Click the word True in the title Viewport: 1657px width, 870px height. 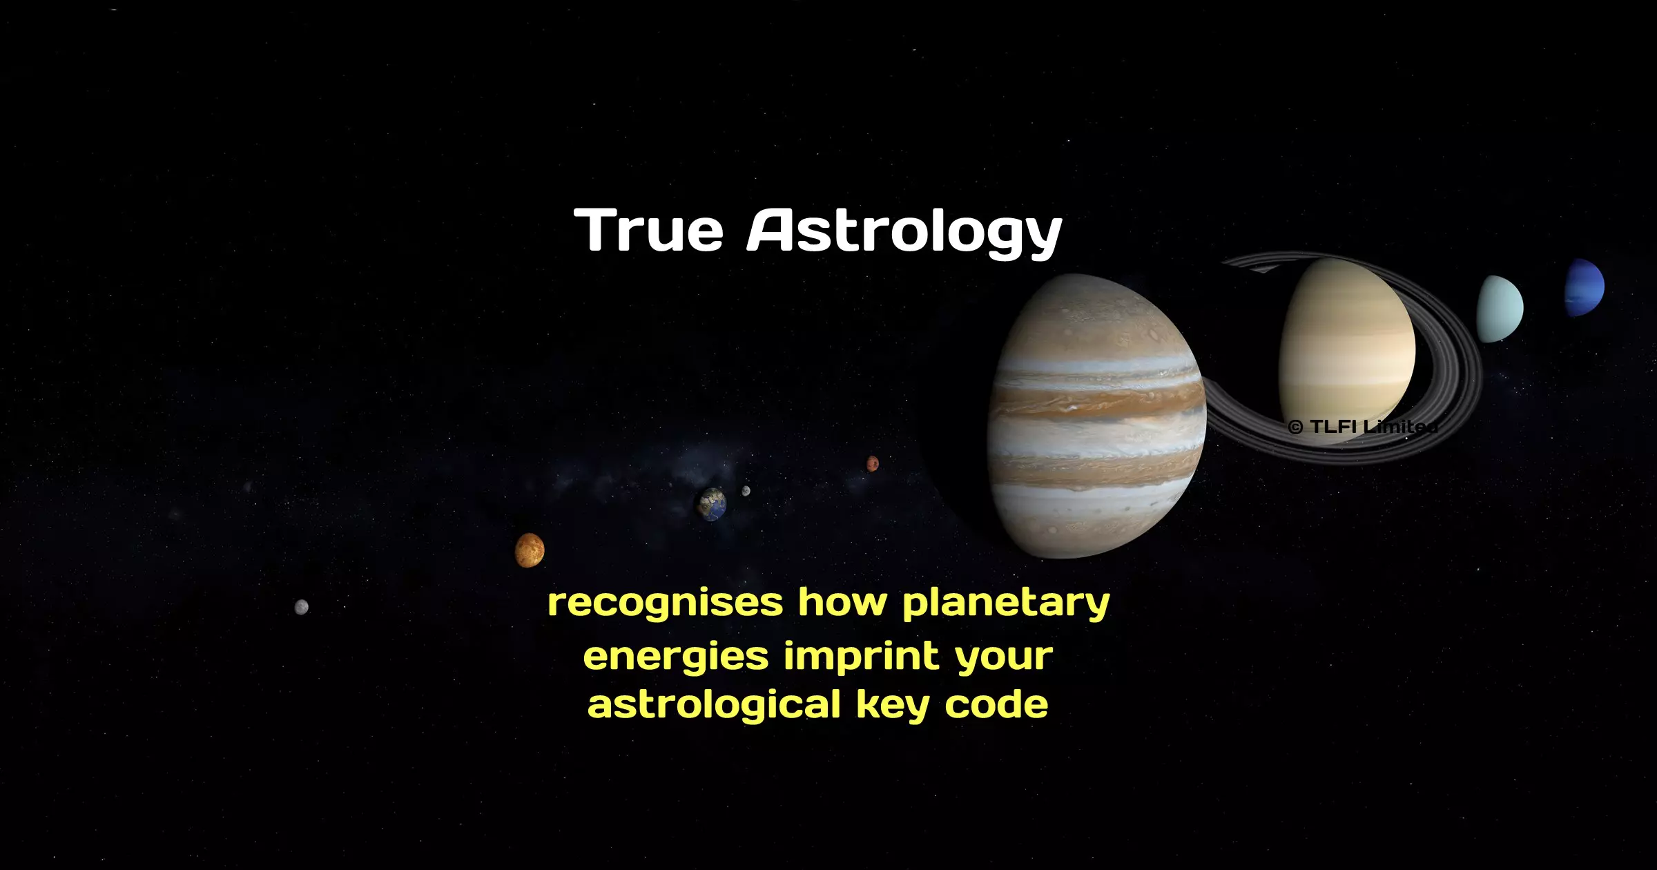(x=648, y=230)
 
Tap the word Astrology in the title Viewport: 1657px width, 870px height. (x=904, y=233)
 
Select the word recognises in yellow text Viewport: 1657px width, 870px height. (x=666, y=603)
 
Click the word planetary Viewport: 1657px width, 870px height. (x=1006, y=603)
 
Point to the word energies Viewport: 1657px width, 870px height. (x=676, y=657)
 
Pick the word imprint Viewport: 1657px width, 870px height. (x=862, y=655)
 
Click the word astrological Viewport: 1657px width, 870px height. (x=715, y=706)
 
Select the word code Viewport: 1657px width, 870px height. (x=996, y=704)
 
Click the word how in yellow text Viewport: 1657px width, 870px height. (x=842, y=602)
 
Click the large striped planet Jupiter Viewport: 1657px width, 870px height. (x=1098, y=416)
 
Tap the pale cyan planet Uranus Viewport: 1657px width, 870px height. (x=1500, y=309)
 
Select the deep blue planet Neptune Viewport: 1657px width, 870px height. (x=1584, y=287)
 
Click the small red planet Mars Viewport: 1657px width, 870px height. (x=873, y=463)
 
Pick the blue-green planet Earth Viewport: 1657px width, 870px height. (x=713, y=504)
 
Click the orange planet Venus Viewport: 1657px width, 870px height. (x=530, y=550)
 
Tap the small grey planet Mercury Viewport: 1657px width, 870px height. (x=302, y=607)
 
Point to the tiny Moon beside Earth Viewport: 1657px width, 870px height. (x=746, y=491)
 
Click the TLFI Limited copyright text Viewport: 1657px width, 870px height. (x=1363, y=427)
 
